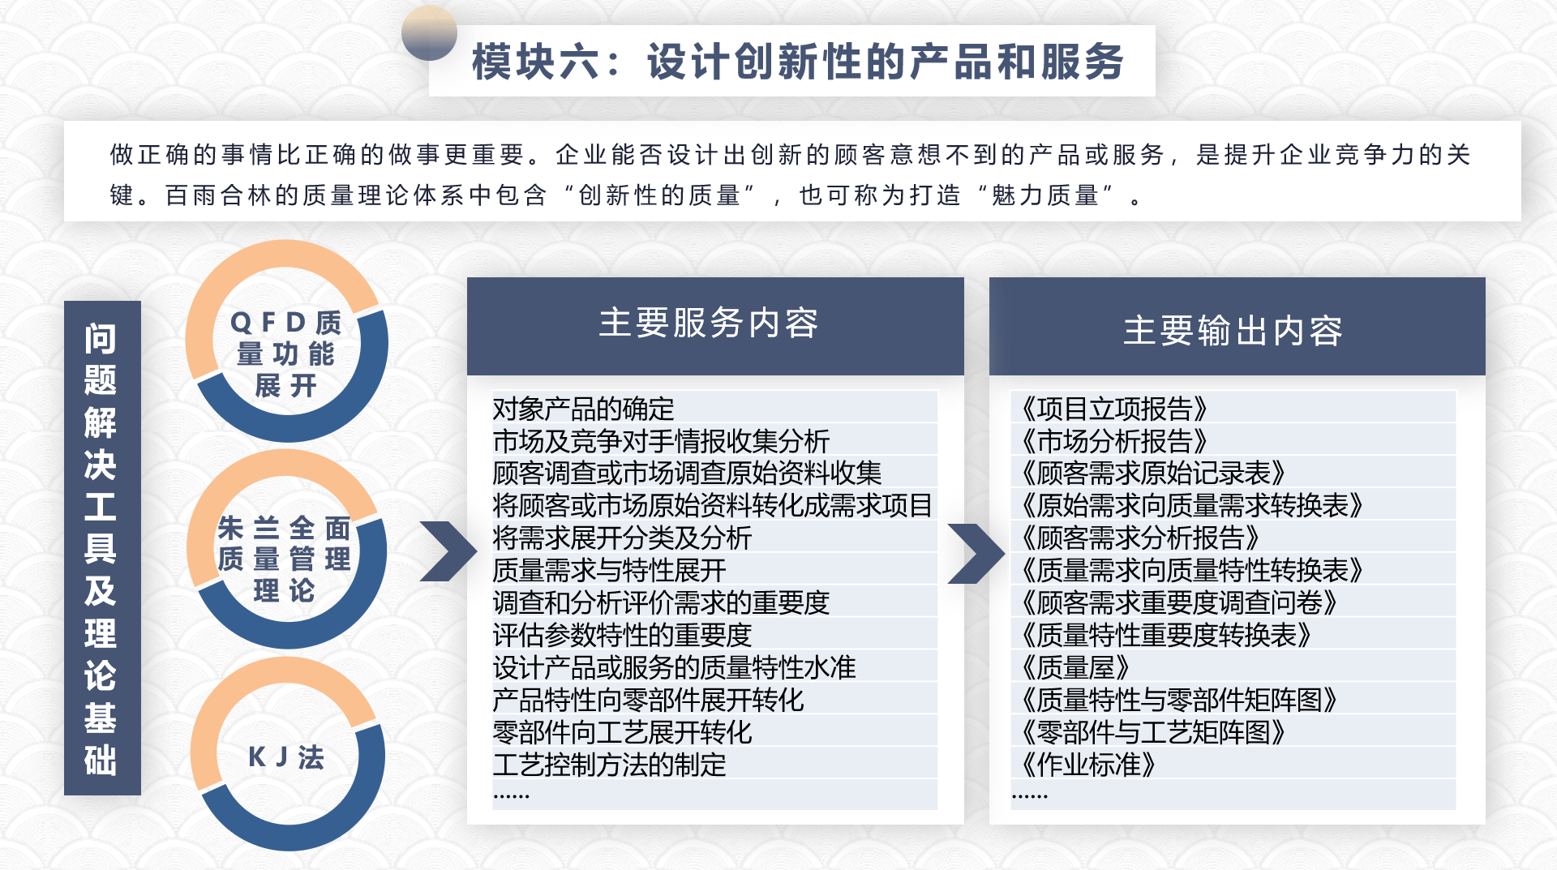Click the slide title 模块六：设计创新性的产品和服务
point(798,62)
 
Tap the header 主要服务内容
point(709,323)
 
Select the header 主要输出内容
point(1233,331)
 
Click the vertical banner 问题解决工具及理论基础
point(102,548)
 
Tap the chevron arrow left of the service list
point(448,551)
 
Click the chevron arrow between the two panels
point(976,554)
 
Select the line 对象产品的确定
point(583,409)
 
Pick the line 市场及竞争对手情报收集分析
point(661,441)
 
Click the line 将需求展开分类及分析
point(622,538)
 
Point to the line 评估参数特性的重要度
point(622,635)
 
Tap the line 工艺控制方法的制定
point(609,765)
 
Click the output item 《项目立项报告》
point(1114,409)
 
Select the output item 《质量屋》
point(1075,667)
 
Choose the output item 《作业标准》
point(1088,765)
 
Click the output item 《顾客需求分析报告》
point(1140,538)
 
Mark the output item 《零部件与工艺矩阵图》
point(1153,732)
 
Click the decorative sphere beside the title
point(429,33)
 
